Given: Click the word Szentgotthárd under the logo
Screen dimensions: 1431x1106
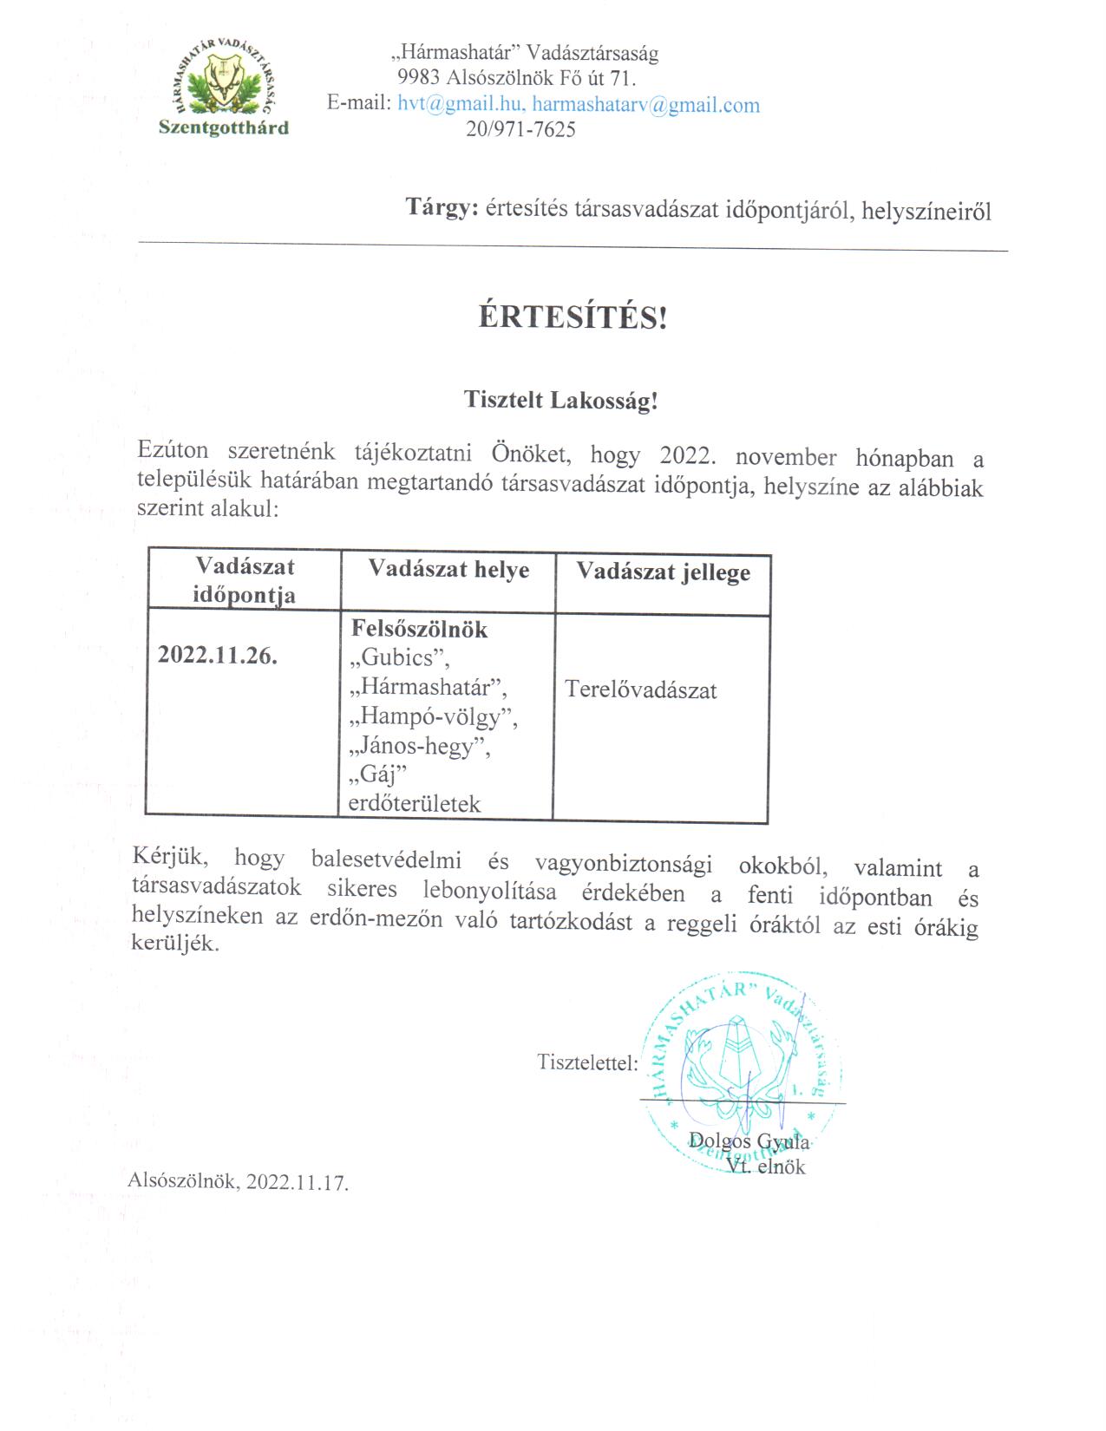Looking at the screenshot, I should tap(224, 128).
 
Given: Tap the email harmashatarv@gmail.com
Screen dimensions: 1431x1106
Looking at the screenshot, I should tap(645, 106).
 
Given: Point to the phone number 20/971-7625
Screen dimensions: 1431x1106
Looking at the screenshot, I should tap(520, 130).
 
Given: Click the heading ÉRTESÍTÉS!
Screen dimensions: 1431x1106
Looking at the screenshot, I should tap(573, 318).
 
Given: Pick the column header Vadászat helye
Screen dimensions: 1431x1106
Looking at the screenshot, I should tap(448, 570).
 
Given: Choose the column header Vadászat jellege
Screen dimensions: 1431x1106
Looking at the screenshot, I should tap(663, 572).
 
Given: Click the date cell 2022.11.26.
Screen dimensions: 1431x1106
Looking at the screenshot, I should tap(218, 656).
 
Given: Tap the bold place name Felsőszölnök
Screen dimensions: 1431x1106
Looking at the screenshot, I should tap(419, 630).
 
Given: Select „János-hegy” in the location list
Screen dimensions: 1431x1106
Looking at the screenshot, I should tap(419, 747).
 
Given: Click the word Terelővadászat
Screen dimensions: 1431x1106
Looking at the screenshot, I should tap(640, 690).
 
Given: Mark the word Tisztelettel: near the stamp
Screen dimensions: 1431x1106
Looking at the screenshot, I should tap(587, 1062).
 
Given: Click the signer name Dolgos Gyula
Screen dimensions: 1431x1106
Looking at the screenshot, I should tap(748, 1140).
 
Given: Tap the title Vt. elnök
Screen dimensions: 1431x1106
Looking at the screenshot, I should tap(767, 1167).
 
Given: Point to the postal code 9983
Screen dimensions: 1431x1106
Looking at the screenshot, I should tap(418, 79).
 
